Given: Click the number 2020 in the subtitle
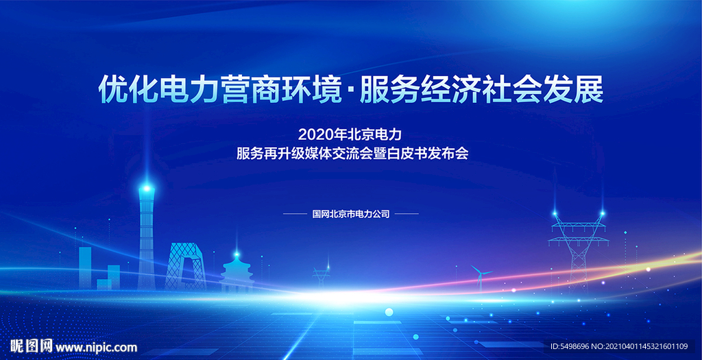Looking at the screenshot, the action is point(312,134).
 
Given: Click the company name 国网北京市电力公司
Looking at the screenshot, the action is point(351,214).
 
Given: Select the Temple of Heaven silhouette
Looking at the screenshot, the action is point(237,272).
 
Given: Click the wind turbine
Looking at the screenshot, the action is point(480,276).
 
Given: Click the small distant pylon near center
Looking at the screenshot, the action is point(321,276).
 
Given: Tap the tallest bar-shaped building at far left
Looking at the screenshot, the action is point(85,267).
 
